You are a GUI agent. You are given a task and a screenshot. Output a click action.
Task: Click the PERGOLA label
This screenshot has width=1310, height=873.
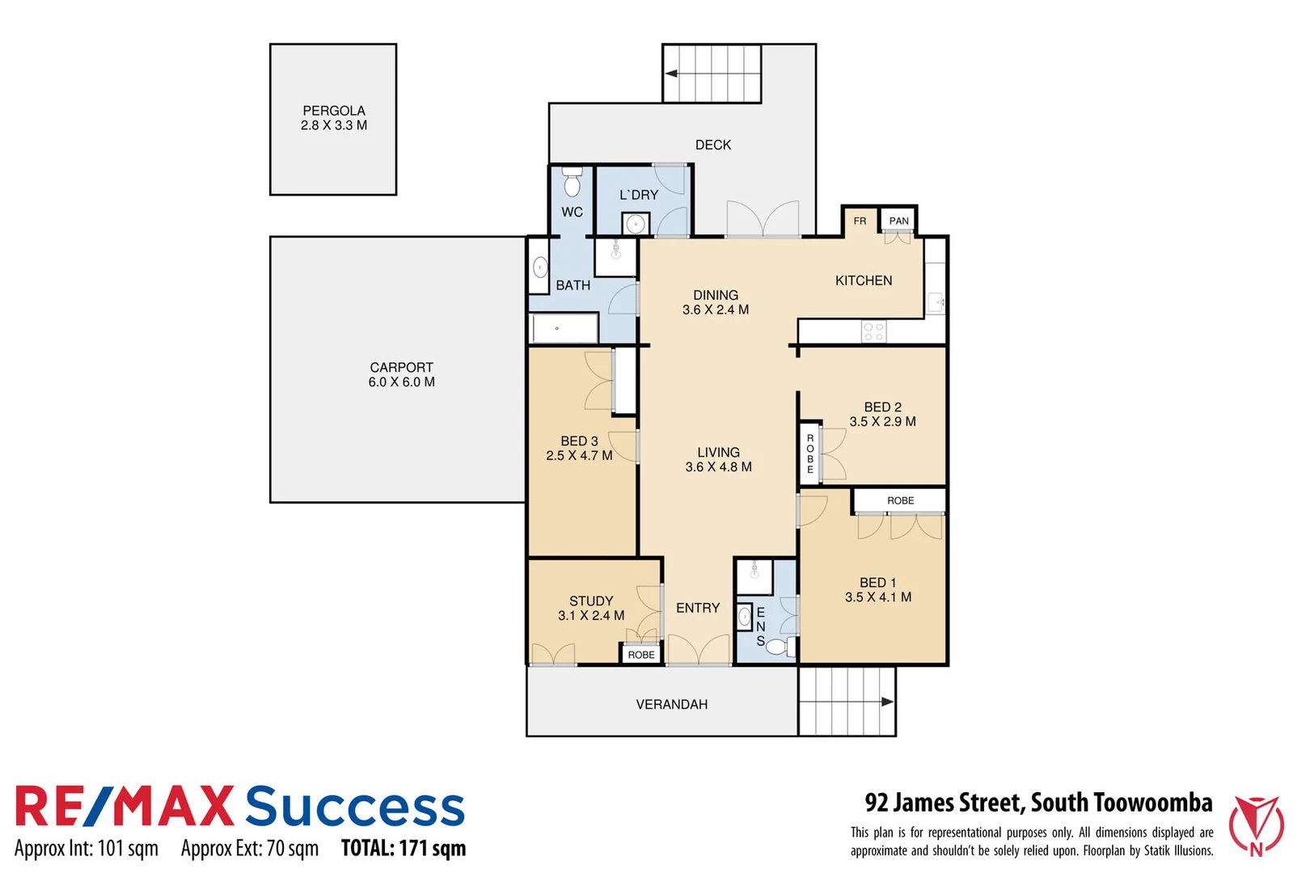(334, 111)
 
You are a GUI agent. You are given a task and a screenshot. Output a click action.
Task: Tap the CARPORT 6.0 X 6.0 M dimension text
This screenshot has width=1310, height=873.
(402, 382)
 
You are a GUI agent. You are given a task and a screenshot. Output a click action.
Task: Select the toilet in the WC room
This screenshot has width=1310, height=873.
(572, 184)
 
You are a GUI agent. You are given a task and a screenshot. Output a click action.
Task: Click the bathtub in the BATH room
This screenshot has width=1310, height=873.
(564, 329)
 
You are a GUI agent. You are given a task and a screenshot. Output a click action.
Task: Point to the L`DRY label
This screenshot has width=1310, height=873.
(639, 195)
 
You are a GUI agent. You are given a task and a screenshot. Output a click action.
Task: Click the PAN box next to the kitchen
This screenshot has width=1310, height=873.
(898, 221)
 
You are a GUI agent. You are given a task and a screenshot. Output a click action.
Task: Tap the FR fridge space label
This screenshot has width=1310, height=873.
(860, 221)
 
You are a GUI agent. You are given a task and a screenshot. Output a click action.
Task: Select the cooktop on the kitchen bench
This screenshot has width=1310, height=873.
(873, 331)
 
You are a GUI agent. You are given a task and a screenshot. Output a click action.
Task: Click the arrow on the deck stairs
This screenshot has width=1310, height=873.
(671, 74)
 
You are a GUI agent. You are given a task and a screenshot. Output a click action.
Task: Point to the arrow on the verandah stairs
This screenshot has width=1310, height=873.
(887, 702)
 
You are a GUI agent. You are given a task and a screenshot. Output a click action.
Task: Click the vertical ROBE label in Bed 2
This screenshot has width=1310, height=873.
(809, 453)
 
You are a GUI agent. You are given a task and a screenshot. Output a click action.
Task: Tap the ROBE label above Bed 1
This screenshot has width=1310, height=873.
(900, 501)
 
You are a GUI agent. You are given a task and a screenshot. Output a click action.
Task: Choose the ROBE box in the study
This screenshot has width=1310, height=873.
(641, 655)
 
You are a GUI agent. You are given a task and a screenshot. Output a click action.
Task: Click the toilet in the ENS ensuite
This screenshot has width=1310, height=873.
(776, 647)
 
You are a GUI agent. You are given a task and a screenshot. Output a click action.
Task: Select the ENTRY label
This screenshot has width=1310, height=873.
(698, 608)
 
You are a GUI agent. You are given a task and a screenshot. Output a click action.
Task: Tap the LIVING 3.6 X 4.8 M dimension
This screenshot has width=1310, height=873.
(718, 467)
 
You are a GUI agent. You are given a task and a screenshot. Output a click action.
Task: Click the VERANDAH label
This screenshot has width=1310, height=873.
(671, 705)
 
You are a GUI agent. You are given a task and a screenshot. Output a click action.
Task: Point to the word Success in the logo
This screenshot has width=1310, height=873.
(355, 807)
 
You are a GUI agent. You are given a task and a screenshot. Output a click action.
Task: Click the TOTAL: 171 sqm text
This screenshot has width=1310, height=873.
(404, 848)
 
